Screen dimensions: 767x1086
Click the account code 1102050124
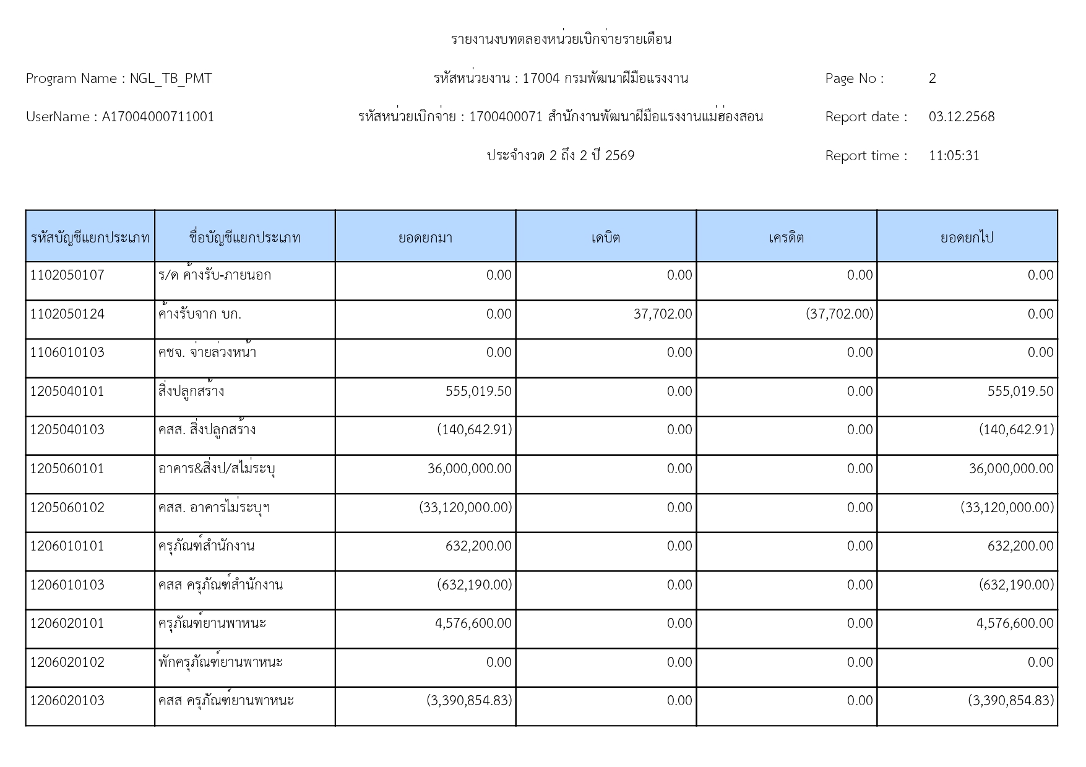click(67, 314)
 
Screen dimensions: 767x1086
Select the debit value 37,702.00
click(662, 314)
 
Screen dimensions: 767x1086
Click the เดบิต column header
click(605, 238)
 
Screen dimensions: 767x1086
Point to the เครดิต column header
click(786, 238)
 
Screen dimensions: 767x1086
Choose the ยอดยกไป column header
click(967, 238)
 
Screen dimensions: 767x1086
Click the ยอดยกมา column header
click(425, 238)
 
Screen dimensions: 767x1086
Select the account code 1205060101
click(67, 469)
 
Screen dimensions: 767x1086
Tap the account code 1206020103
click(67, 701)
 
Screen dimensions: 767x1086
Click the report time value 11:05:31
click(954, 156)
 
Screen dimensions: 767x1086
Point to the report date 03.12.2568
click(961, 117)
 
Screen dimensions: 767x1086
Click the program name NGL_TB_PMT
click(170, 79)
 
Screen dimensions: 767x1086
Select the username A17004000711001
click(158, 117)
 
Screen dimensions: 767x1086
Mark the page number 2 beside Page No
click(932, 79)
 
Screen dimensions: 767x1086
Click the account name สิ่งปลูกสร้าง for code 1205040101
click(191, 392)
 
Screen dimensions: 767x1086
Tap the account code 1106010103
click(67, 353)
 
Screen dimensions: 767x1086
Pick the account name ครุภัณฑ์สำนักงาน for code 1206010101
click(205, 546)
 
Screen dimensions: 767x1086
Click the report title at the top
click(561, 40)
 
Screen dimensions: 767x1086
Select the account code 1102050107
click(67, 275)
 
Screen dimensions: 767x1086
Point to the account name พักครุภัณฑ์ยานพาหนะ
click(220, 662)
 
